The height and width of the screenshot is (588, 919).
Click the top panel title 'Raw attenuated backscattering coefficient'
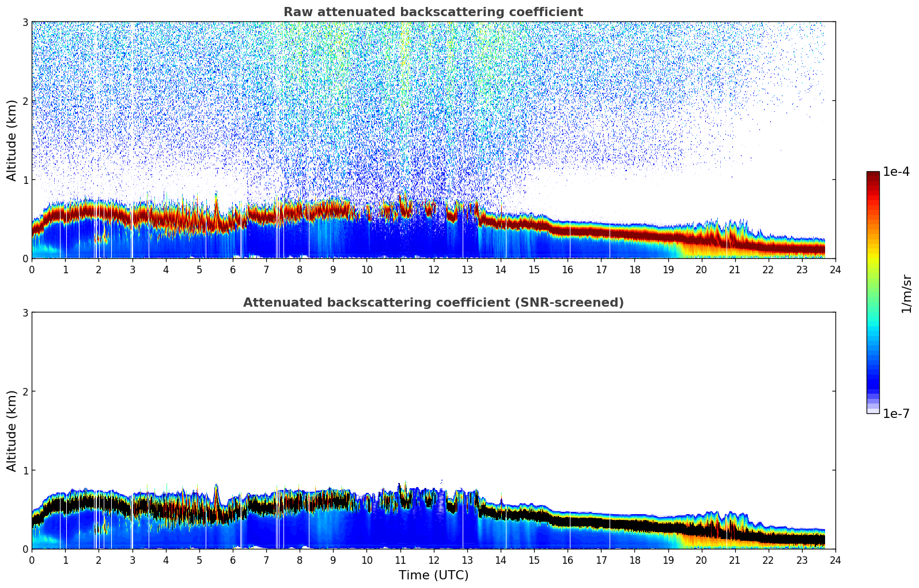pos(433,12)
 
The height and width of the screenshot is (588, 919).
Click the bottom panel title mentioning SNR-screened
pos(433,303)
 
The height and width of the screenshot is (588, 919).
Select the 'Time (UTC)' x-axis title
pos(433,575)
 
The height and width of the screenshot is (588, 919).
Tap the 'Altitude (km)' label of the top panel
pos(12,140)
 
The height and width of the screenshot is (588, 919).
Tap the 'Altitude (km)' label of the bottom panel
pos(12,431)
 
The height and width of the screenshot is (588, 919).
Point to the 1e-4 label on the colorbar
pos(896,172)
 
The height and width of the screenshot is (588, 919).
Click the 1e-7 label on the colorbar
pos(896,413)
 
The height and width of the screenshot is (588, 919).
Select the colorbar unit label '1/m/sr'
pos(906,293)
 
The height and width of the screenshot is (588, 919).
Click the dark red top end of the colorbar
pos(873,175)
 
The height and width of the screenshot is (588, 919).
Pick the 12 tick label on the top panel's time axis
pos(433,269)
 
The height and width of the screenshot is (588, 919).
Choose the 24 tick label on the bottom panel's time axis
pos(835,560)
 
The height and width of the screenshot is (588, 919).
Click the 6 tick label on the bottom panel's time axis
pos(233,560)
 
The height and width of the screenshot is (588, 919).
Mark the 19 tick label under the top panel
pos(668,269)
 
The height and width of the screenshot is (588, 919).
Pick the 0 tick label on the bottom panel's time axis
pos(32,560)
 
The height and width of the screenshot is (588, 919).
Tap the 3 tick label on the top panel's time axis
pos(132,269)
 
